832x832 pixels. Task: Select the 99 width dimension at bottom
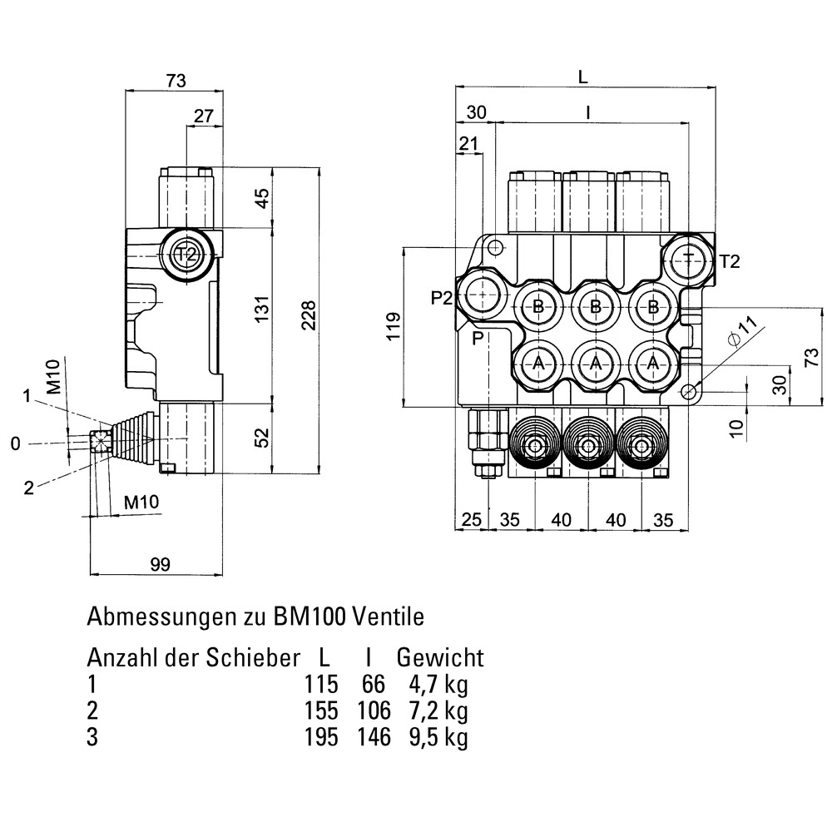tap(160, 564)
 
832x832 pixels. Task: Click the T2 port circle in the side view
tap(188, 254)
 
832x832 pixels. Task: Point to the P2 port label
tap(442, 297)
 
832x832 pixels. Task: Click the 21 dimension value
tap(469, 145)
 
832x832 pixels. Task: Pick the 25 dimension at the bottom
tap(472, 520)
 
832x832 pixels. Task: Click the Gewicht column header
tap(439, 658)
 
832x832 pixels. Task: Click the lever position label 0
tap(15, 444)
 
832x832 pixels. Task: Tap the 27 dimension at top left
tap(203, 116)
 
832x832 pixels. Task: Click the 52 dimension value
tap(263, 438)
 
